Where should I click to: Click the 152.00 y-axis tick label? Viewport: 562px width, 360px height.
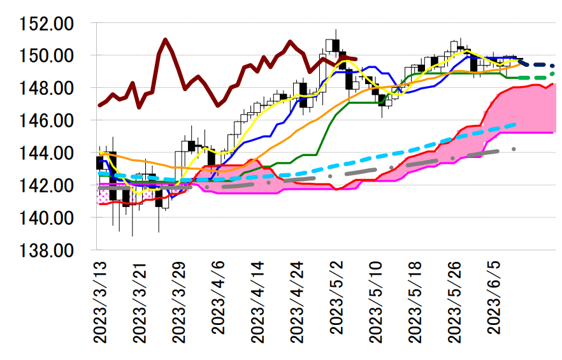[47, 24]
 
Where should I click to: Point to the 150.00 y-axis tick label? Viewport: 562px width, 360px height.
[47, 56]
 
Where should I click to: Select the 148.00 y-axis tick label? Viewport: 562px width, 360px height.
[47, 88]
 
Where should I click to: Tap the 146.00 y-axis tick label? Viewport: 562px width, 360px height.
[47, 120]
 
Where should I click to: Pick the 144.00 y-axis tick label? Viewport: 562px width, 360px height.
[47, 153]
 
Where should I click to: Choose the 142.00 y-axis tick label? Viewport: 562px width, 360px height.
[47, 185]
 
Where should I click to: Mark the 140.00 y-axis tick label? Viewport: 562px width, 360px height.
[47, 218]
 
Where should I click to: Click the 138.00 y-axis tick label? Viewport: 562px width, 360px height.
[47, 250]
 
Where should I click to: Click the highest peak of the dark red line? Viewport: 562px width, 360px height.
[166, 40]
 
